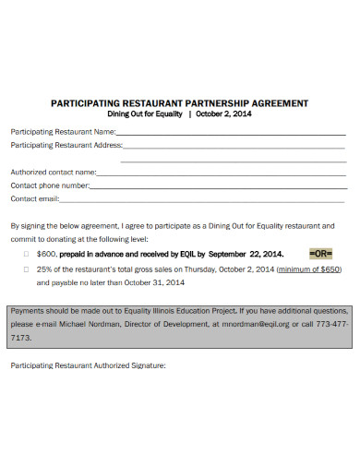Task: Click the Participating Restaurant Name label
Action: tap(62, 132)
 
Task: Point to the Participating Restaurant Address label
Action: tap(66, 145)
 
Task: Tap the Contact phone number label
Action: tap(50, 185)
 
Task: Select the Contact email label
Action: tap(35, 198)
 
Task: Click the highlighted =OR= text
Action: tap(319, 252)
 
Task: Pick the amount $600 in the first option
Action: tap(47, 253)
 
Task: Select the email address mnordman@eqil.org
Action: tap(255, 325)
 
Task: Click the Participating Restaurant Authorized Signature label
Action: tap(88, 365)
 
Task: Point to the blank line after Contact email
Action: tap(203, 200)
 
